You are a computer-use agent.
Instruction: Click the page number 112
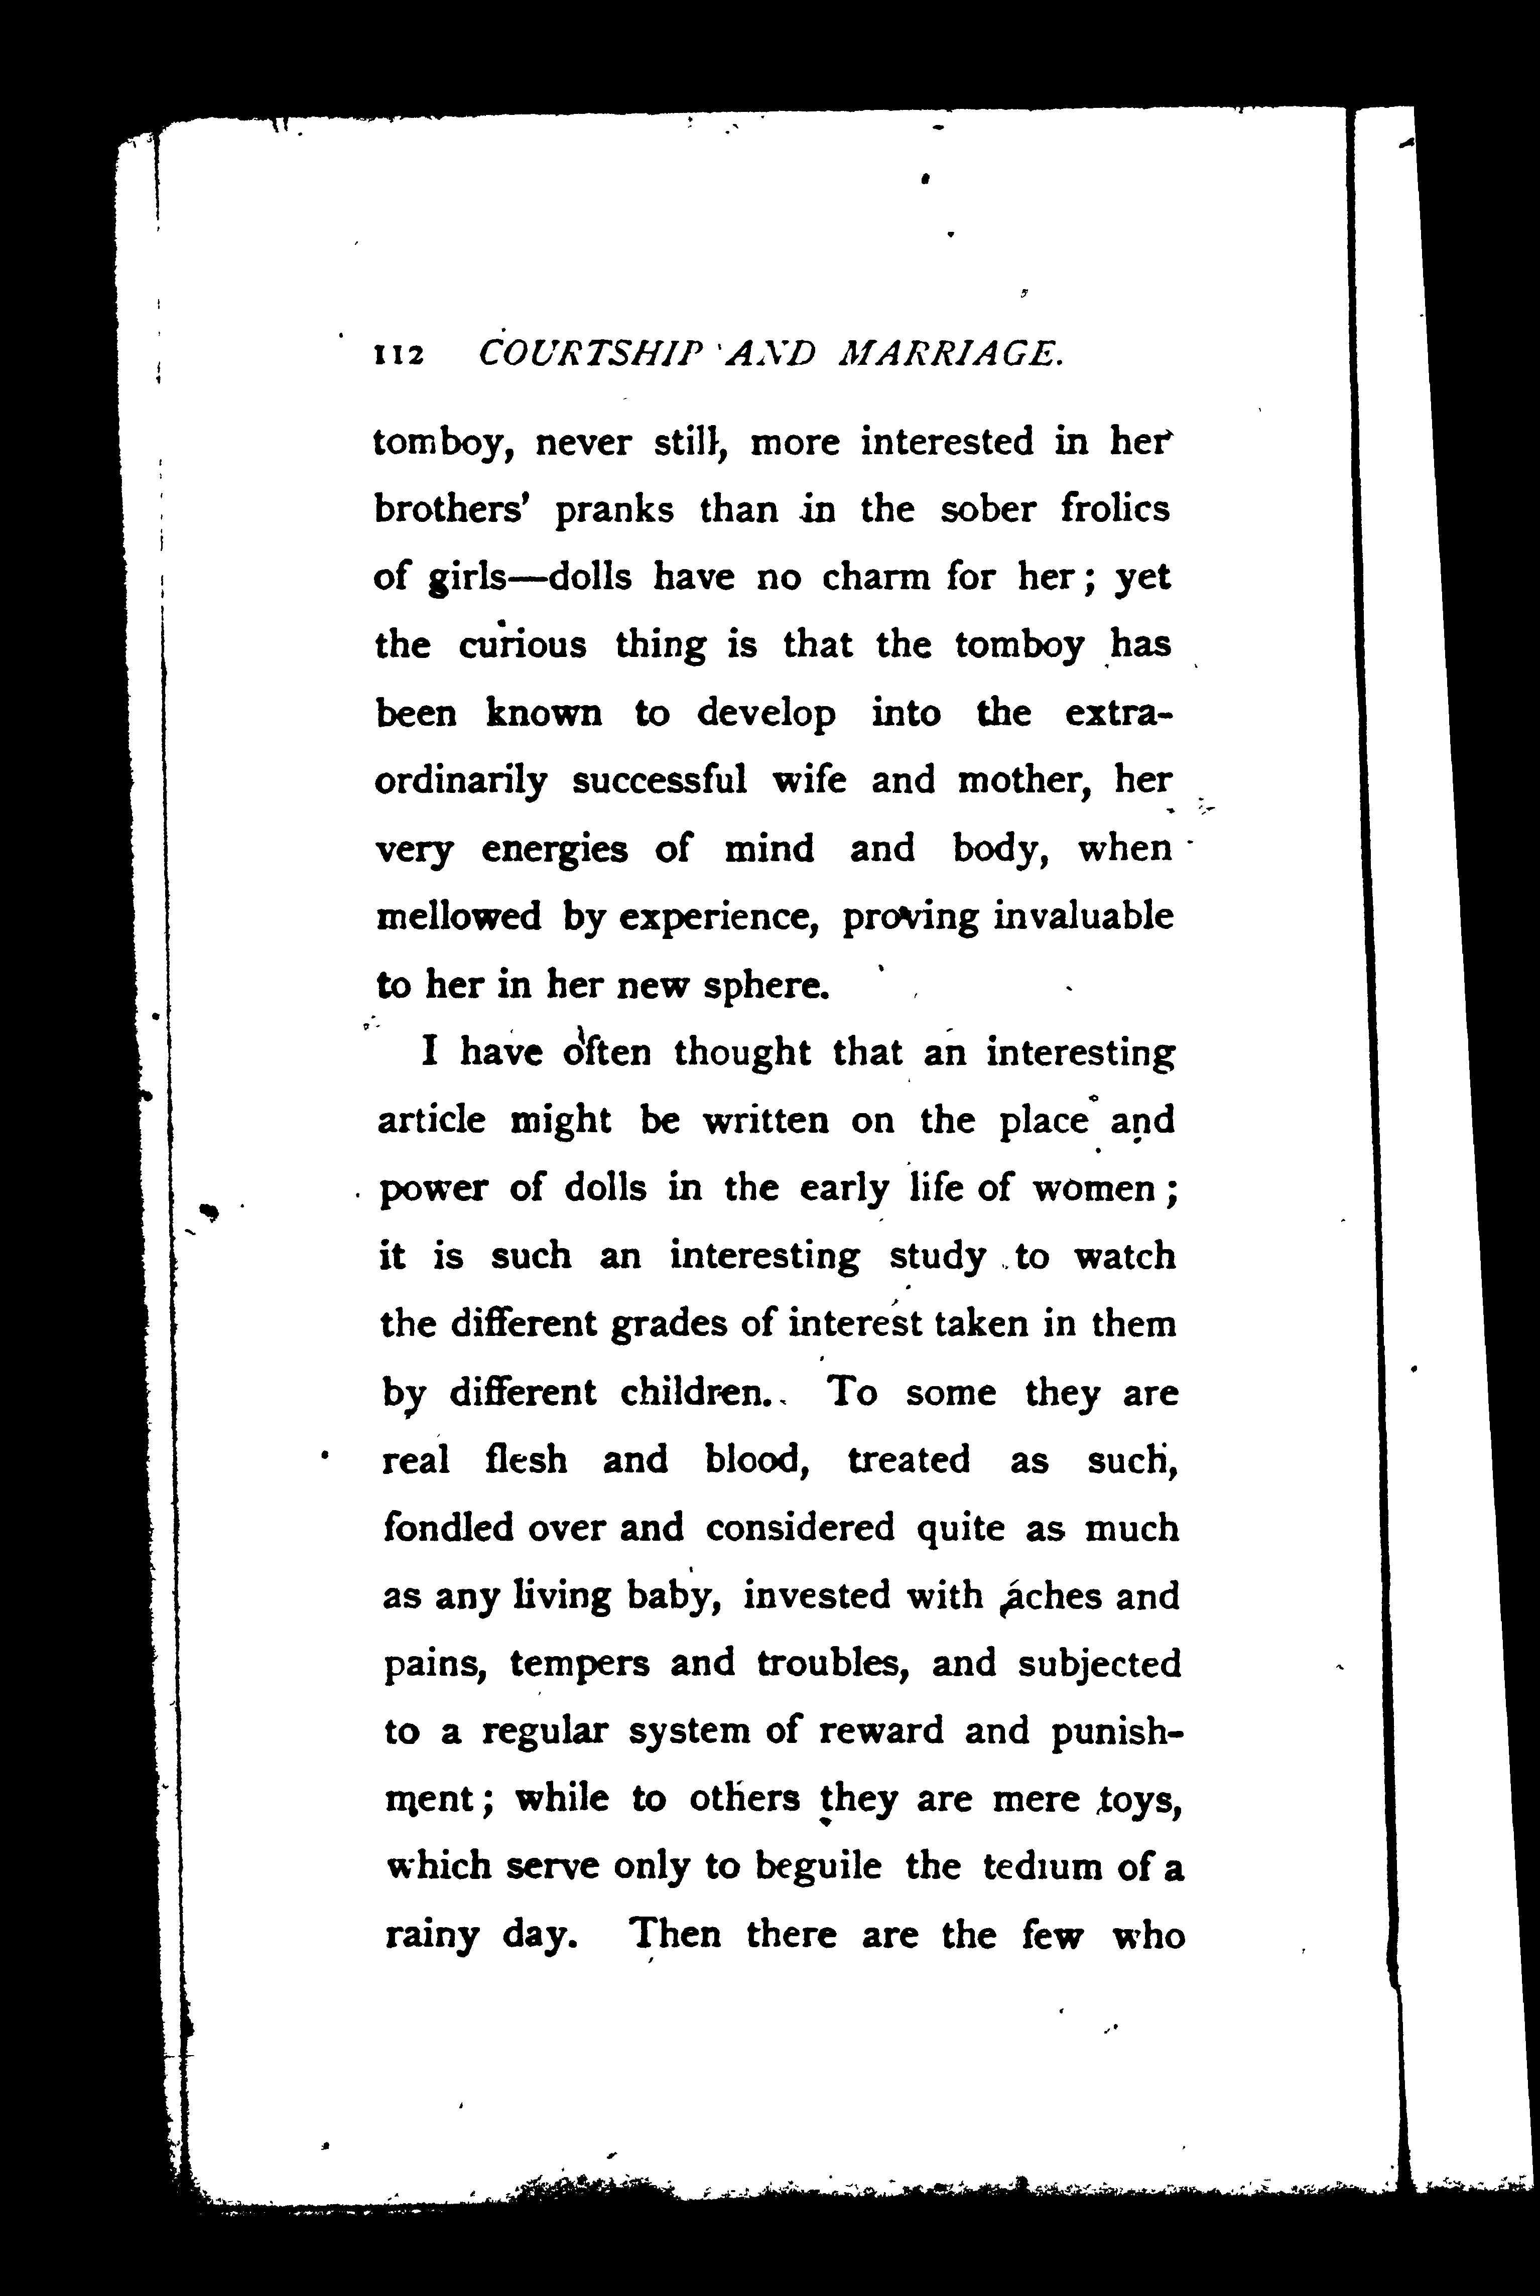pyautogui.click(x=398, y=354)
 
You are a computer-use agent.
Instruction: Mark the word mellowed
pyautogui.click(x=459, y=916)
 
